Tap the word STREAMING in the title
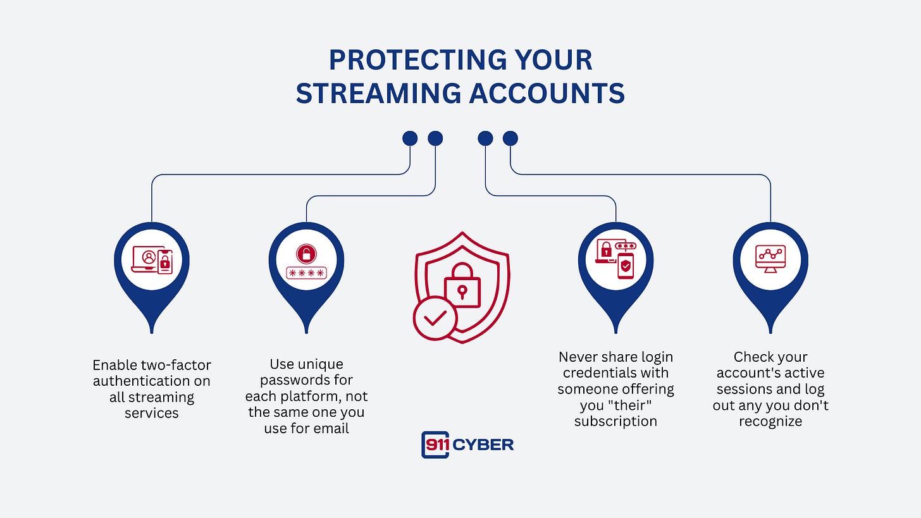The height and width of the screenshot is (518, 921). point(378,94)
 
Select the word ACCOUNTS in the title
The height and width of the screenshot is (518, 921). point(547,94)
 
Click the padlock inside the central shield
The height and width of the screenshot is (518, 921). point(462,285)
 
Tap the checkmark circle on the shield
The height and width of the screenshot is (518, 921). point(435,318)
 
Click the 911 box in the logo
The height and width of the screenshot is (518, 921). point(435,445)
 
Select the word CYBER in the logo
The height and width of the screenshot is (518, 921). point(483,445)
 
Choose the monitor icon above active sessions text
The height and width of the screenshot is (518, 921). point(770,259)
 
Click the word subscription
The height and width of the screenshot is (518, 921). point(615,421)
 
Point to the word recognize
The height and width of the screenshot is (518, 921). point(770,421)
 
